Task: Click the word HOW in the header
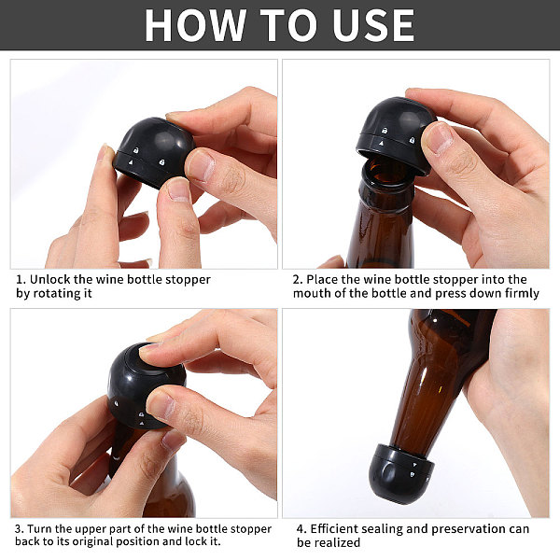195,25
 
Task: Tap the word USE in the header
372,25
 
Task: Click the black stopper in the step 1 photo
154,152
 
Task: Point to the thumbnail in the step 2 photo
440,136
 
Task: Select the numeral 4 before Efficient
301,529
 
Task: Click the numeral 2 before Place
298,280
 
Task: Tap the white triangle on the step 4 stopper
415,465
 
